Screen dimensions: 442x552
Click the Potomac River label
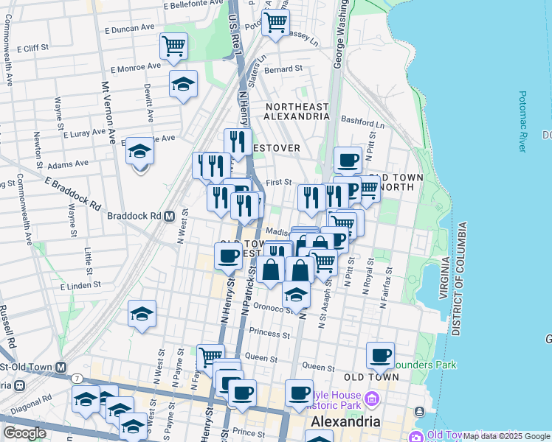tap(522, 118)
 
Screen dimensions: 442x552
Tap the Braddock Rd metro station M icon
tap(169, 217)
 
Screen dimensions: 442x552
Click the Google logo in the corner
tap(24, 432)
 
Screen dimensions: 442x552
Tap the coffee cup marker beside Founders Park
tap(380, 356)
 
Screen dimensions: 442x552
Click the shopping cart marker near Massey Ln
tap(275, 23)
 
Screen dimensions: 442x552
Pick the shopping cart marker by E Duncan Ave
tap(173, 47)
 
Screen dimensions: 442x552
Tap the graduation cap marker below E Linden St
tap(142, 314)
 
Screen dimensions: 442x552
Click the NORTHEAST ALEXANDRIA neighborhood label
tap(297, 111)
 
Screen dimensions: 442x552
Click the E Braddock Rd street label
tap(74, 192)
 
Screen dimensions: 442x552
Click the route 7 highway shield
tap(77, 377)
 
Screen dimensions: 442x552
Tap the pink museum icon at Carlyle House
tap(371, 401)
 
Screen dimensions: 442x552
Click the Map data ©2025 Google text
tap(507, 436)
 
